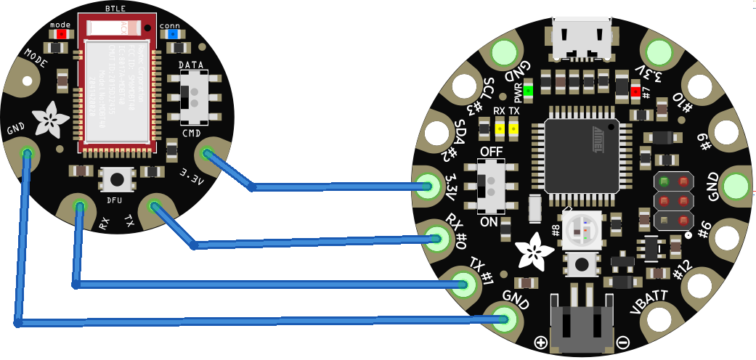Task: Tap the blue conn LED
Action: click(x=173, y=33)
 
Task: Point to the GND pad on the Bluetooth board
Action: click(x=26, y=152)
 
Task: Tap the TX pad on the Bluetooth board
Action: click(x=154, y=208)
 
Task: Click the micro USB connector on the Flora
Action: click(x=582, y=37)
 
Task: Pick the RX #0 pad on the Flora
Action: click(x=436, y=236)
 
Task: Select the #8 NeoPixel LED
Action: click(x=582, y=229)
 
